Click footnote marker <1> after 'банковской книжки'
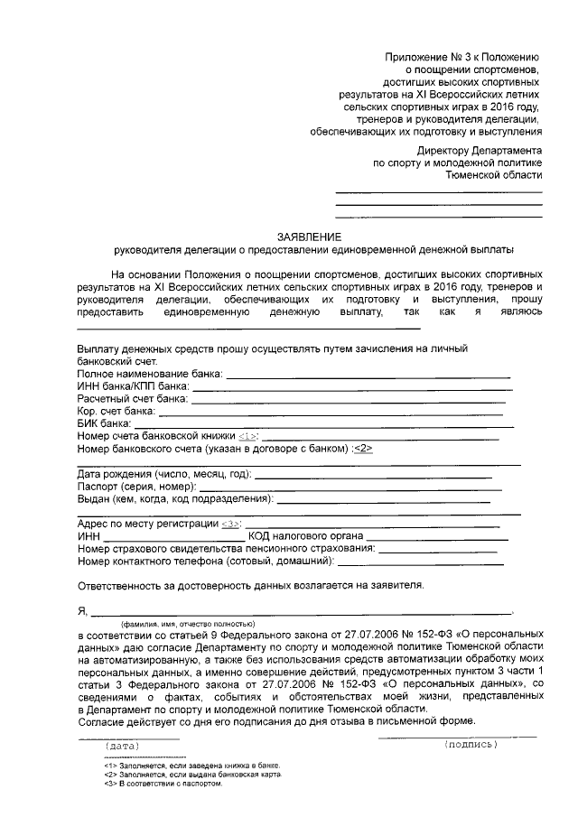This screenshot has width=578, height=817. pos(248,435)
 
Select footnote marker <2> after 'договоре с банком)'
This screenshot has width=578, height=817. pos(362,448)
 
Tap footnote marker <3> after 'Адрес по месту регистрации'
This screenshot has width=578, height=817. pos(231,524)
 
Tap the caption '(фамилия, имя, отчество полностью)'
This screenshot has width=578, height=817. pos(190,624)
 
